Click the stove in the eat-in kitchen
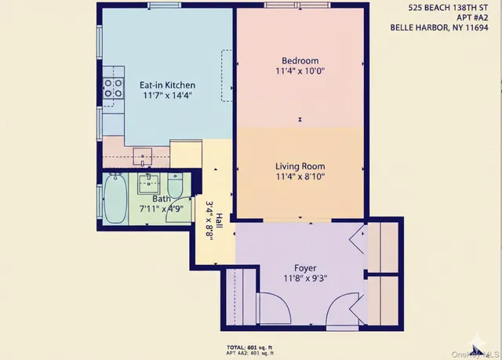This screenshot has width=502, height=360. [x=114, y=86]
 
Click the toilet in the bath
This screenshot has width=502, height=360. [x=176, y=187]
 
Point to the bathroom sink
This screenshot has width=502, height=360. [x=147, y=185]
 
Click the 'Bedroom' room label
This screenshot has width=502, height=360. [x=300, y=61]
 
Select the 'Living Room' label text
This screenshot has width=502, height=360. [x=300, y=166]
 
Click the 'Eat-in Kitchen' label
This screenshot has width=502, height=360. [x=167, y=85]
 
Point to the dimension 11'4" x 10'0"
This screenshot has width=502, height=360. [x=300, y=71]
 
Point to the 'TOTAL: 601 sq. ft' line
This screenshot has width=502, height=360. [x=249, y=347]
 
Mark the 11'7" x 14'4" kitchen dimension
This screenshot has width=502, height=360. [x=167, y=95]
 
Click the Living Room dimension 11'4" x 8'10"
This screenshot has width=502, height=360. [x=300, y=177]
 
